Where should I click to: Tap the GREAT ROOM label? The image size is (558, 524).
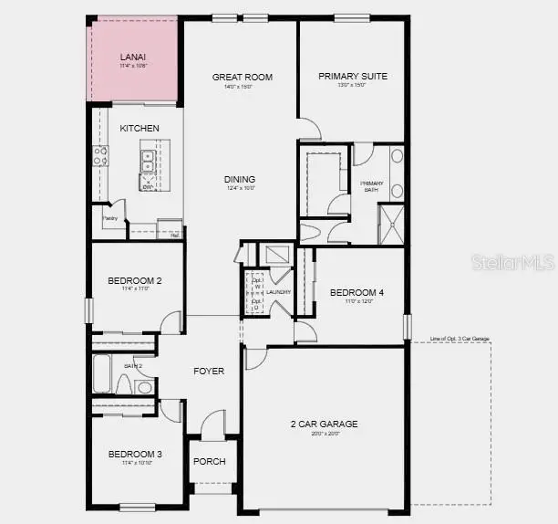pos(243,78)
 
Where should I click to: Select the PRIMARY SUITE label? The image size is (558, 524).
pos(353,77)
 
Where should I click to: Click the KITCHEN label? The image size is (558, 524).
pos(139,129)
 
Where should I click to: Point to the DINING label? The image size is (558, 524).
pos(240,179)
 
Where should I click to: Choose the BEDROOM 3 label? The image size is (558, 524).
pos(135,454)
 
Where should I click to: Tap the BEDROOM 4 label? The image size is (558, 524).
pos(356,293)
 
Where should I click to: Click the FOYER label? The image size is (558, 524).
pos(209,371)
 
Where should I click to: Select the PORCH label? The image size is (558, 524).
pos(209,462)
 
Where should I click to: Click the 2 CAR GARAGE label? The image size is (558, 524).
pos(325,424)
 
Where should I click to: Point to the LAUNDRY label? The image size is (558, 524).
pos(278,292)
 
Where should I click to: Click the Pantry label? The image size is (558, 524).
pos(109,218)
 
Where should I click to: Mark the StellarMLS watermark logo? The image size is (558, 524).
pos(513,263)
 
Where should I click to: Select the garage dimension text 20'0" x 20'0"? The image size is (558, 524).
pos(325,435)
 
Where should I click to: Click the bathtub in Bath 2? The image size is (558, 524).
pos(103,374)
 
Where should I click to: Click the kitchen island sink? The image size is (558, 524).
pos(146,162)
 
